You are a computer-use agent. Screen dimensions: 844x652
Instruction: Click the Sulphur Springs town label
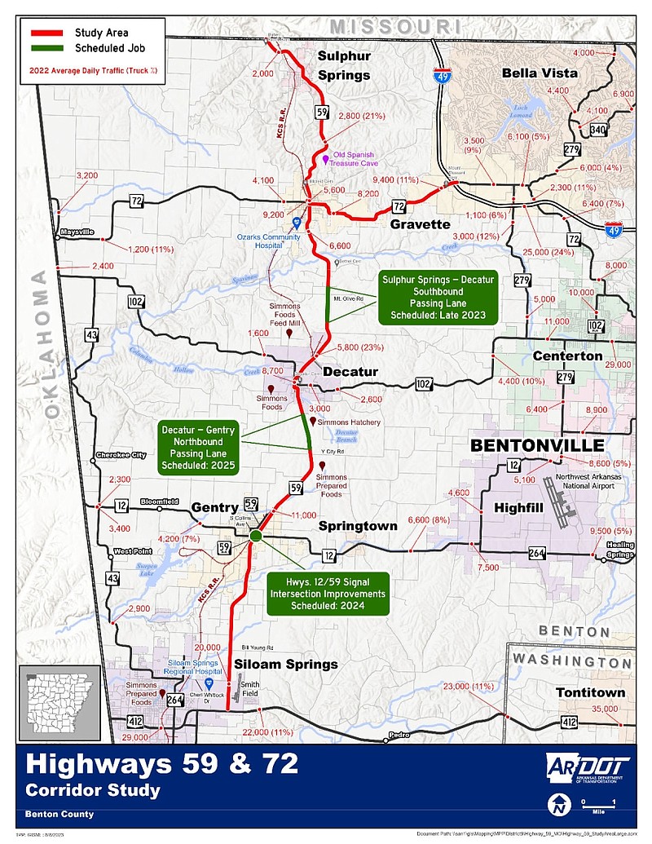(x=343, y=65)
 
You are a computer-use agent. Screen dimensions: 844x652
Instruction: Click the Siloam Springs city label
(x=286, y=664)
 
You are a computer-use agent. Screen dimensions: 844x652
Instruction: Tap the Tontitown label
(x=590, y=692)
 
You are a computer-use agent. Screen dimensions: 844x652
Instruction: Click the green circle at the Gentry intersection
(x=255, y=536)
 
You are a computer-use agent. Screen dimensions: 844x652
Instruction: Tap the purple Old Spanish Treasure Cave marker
(x=325, y=159)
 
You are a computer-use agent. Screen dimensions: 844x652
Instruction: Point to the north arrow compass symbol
(x=559, y=805)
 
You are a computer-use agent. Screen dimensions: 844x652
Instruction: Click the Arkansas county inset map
(x=59, y=700)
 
